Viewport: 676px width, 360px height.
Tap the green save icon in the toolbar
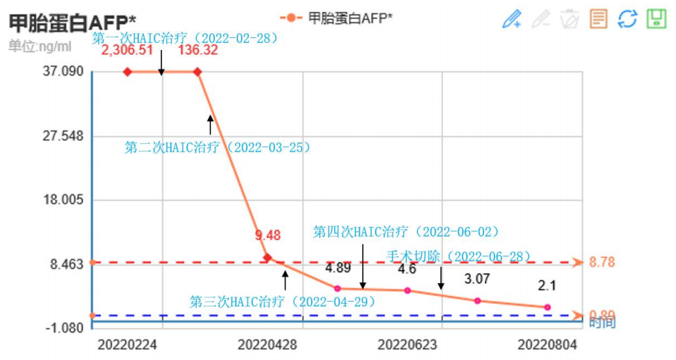656,19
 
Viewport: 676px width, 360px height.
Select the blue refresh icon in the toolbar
627,19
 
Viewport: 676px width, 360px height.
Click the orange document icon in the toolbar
598,19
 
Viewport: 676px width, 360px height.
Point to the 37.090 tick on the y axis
64,72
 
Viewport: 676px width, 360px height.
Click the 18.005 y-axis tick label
64,200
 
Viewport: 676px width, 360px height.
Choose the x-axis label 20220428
267,345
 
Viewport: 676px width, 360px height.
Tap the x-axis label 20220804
548,345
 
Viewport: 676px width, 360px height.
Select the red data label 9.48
268,235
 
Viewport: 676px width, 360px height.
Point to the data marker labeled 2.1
547,307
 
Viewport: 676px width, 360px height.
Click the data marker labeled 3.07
477,301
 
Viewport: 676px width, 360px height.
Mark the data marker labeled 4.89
338,288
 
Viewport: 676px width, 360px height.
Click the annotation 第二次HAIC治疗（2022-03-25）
218,148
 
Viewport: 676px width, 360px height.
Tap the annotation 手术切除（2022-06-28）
457,256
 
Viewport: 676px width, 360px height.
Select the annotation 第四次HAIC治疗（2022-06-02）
406,232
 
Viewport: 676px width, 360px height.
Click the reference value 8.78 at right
602,262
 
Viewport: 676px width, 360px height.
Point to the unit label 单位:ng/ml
40,46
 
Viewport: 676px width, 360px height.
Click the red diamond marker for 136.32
197,72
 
